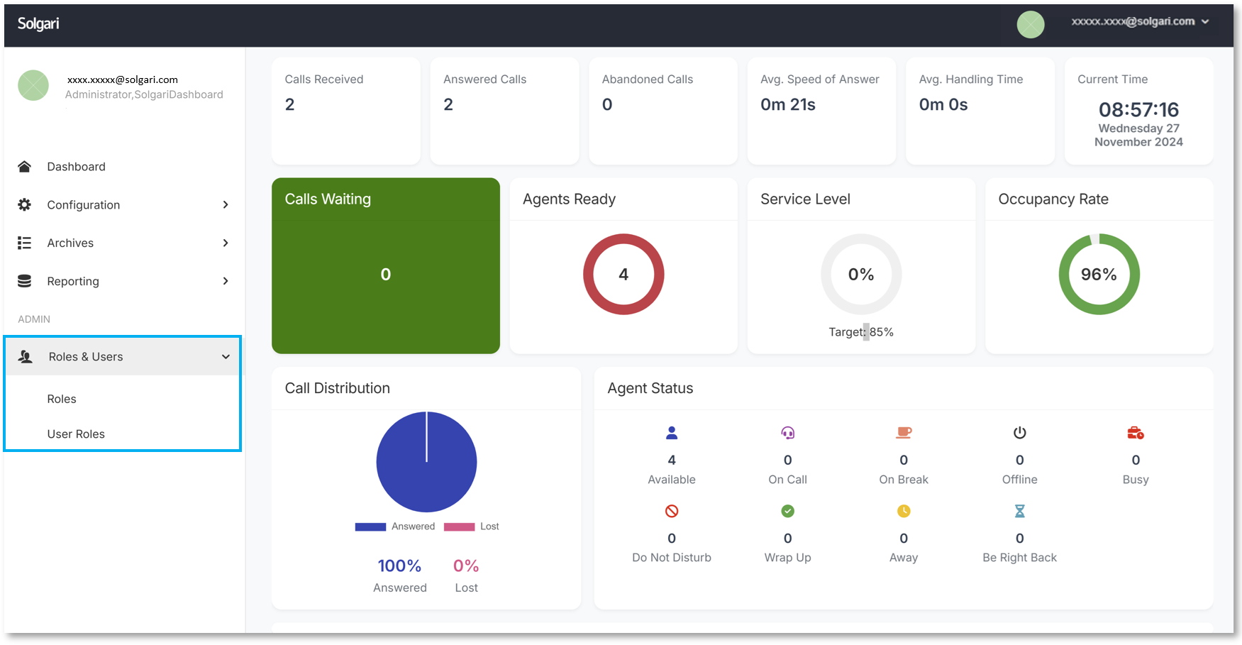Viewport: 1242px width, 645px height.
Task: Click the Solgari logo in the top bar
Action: pyautogui.click(x=38, y=23)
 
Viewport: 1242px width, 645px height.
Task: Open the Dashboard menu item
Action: pyautogui.click(x=76, y=167)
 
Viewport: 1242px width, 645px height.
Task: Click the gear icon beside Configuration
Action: pyautogui.click(x=24, y=205)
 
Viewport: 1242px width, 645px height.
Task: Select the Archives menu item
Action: pyautogui.click(x=70, y=243)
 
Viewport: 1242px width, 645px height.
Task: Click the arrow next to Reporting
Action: pyautogui.click(x=226, y=282)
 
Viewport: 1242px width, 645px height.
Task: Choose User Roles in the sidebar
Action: pyautogui.click(x=76, y=434)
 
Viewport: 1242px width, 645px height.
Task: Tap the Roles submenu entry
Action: pyautogui.click(x=62, y=399)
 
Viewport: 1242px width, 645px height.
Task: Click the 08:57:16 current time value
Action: pyautogui.click(x=1138, y=110)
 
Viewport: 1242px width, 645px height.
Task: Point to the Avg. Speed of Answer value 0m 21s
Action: pyautogui.click(x=787, y=105)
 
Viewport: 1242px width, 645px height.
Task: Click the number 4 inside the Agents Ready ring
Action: pyautogui.click(x=623, y=275)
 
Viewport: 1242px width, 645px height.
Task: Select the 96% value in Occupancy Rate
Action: pyautogui.click(x=1099, y=275)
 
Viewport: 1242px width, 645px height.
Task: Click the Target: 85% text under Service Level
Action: pyautogui.click(x=860, y=332)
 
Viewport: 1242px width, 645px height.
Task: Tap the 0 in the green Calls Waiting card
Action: pyautogui.click(x=385, y=275)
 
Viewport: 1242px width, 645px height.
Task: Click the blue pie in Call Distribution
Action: pyautogui.click(x=426, y=463)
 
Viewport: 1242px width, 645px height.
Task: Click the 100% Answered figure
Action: pyautogui.click(x=399, y=566)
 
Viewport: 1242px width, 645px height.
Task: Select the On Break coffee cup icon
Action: pyautogui.click(x=903, y=433)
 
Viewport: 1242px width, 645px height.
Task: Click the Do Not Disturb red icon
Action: pyautogui.click(x=672, y=512)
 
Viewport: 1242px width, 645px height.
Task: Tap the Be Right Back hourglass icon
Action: pyautogui.click(x=1019, y=512)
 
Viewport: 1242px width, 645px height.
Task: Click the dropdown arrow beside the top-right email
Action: pyautogui.click(x=1205, y=22)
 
